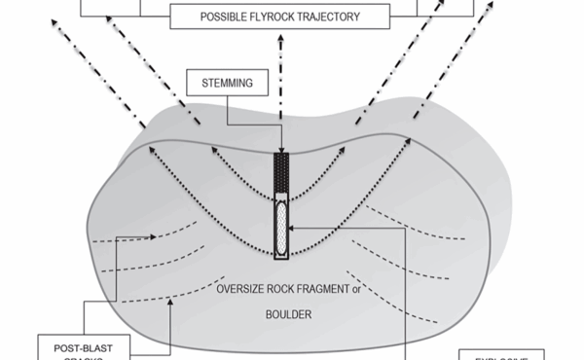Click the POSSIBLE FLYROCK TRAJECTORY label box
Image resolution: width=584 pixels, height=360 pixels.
pyautogui.click(x=281, y=17)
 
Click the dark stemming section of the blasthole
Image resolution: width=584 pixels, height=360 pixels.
pyautogui.click(x=282, y=173)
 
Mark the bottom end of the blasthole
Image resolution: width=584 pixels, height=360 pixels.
pyautogui.click(x=282, y=261)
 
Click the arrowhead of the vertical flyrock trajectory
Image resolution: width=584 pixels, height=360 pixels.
pyautogui.click(x=281, y=42)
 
